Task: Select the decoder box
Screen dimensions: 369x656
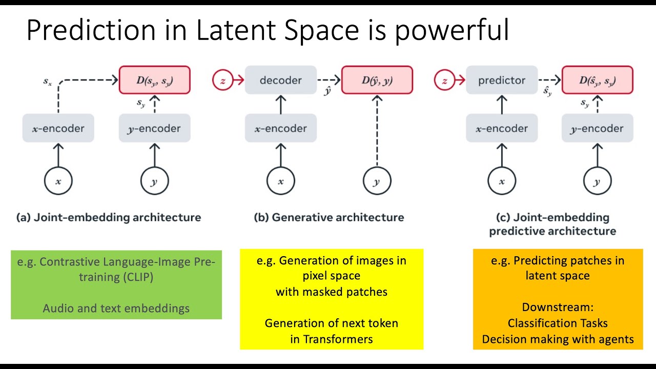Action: point(280,80)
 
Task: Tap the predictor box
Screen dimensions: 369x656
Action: point(501,80)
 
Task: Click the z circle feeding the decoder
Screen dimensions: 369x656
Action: point(222,80)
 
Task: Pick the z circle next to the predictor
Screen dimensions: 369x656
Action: point(444,80)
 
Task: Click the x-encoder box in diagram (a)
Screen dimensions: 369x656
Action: point(58,128)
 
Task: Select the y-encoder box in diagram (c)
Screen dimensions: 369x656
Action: point(597,128)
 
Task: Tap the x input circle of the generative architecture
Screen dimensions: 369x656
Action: point(280,181)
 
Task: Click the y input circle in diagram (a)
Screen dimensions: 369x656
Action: point(154,181)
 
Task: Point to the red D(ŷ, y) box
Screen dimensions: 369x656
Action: point(377,80)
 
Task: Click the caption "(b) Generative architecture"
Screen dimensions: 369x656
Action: point(329,217)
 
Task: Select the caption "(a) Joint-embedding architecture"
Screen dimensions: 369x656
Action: point(109,217)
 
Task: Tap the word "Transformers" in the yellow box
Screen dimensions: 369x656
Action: point(338,339)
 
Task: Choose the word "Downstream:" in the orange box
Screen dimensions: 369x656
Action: point(558,307)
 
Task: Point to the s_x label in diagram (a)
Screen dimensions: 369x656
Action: point(47,81)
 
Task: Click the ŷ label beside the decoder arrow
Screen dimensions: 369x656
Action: point(327,91)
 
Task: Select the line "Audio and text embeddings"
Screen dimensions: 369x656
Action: point(116,308)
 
